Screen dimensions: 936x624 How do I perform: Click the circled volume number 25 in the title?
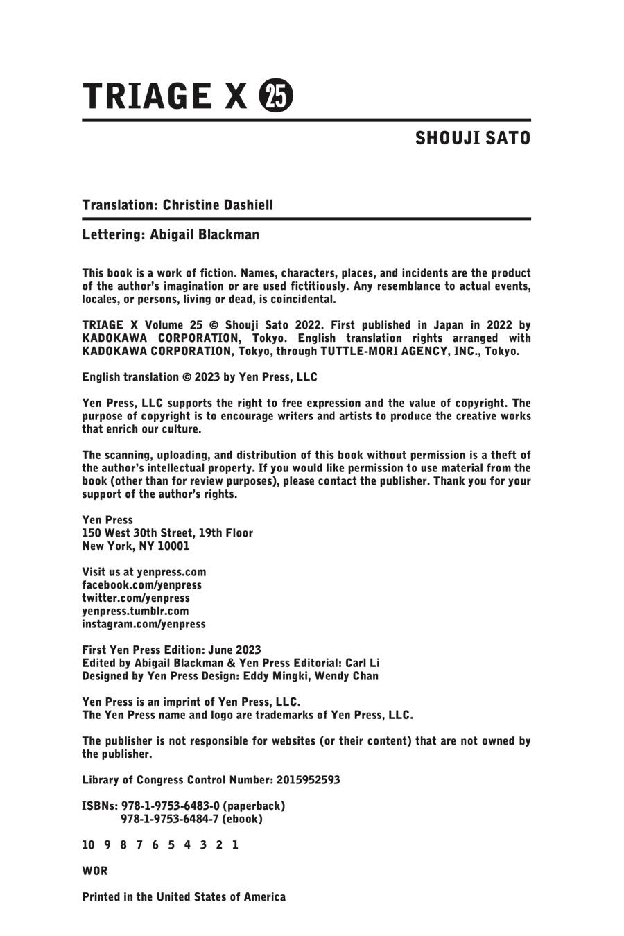click(276, 96)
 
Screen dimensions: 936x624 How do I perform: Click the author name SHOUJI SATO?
click(473, 139)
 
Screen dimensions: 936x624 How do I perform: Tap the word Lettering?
click(112, 234)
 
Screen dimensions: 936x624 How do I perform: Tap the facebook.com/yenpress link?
click(141, 585)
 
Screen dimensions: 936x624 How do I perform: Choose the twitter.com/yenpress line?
click(135, 598)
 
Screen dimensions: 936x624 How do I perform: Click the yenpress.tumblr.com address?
click(135, 612)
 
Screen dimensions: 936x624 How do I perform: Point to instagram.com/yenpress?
click(144, 624)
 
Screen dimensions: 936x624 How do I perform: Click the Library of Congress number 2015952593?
click(308, 780)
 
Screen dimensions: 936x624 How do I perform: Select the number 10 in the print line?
click(88, 845)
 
